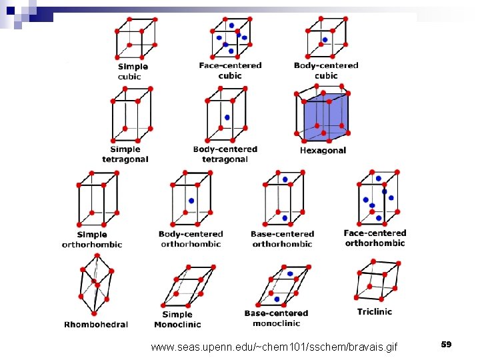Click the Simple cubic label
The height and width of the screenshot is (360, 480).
point(133,71)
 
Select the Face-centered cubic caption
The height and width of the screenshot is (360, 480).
point(230,70)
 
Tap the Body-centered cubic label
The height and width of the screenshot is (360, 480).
point(326,70)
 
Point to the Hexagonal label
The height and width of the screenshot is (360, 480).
point(323,151)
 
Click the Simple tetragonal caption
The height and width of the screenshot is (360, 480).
point(125,154)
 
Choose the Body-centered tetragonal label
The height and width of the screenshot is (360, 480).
point(225,154)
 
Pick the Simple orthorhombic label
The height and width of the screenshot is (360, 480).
point(92,239)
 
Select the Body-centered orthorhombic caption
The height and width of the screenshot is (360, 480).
point(191,239)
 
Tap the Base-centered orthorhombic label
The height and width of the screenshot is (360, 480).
point(282,239)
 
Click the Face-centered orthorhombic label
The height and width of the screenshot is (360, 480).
point(375,238)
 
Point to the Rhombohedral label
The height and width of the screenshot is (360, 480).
point(96,325)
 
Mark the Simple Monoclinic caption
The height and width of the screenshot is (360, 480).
point(177,319)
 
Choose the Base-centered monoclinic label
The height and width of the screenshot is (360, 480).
point(276,318)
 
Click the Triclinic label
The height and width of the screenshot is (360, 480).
point(375,311)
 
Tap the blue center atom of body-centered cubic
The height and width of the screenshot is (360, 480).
point(325,40)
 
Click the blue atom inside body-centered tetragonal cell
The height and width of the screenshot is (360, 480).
point(227,117)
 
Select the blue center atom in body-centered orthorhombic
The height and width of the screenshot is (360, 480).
point(191,201)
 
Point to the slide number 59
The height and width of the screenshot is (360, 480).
point(446,344)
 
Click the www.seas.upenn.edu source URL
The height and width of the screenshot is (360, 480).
point(274,347)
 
